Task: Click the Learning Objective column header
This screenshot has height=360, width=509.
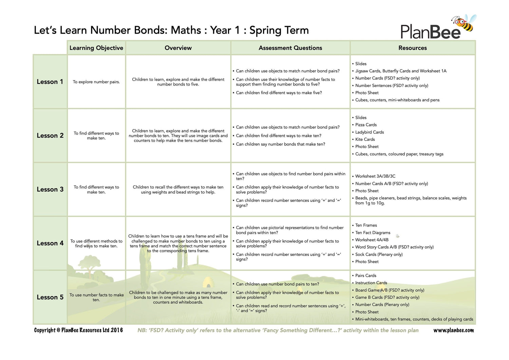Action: pyautogui.click(x=96, y=48)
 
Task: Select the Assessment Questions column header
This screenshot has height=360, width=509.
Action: pyautogui.click(x=290, y=48)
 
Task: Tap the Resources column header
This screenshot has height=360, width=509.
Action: pyautogui.click(x=412, y=48)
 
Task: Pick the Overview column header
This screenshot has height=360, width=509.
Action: pyautogui.click(x=178, y=48)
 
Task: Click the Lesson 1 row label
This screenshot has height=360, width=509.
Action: pyautogui.click(x=50, y=82)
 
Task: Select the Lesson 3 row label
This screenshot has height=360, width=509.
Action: pyautogui.click(x=50, y=190)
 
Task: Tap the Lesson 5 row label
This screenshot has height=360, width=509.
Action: pyautogui.click(x=50, y=297)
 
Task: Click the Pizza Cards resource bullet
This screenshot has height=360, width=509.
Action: pyautogui.click(x=366, y=125)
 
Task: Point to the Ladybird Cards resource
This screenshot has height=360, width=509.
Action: pyautogui.click(x=370, y=132)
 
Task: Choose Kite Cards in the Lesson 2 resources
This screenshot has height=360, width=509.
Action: pyautogui.click(x=365, y=139)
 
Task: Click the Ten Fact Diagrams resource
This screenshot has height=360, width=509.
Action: pyautogui.click(x=373, y=233)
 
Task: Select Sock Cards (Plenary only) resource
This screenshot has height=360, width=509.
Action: pyautogui.click(x=379, y=254)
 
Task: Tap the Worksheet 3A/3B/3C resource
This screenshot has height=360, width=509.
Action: pyautogui.click(x=375, y=176)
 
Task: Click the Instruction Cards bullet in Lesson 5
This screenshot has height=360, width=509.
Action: pyautogui.click(x=371, y=283)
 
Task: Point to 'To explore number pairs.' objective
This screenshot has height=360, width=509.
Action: pyautogui.click(x=96, y=82)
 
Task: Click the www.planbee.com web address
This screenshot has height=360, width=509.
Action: pyautogui.click(x=453, y=330)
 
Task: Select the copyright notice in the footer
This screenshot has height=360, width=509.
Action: pyautogui.click(x=78, y=330)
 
